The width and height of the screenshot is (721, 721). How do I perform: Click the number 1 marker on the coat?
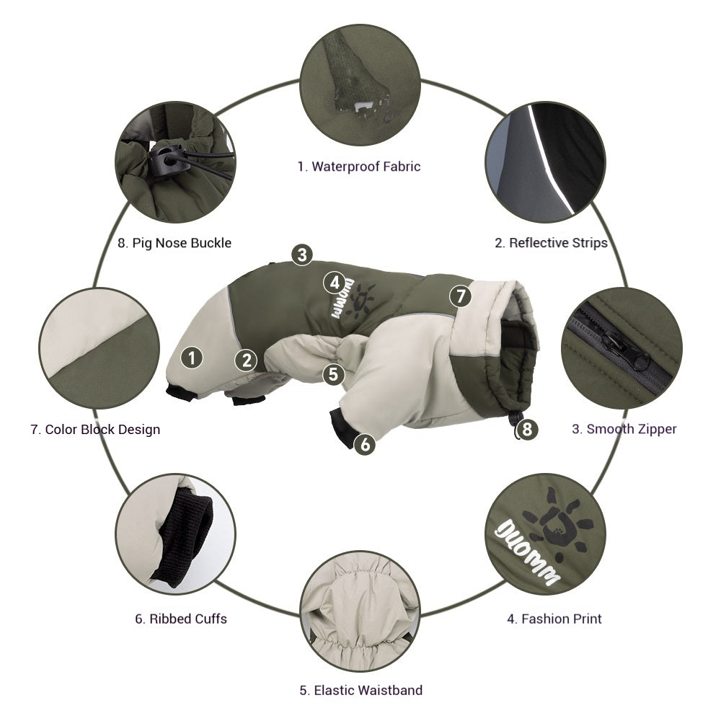pyautogui.click(x=191, y=356)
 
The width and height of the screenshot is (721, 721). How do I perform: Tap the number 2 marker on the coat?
pyautogui.click(x=247, y=360)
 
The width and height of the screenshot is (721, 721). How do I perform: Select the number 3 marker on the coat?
pyautogui.click(x=302, y=254)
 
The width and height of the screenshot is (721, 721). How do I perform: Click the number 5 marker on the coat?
pyautogui.click(x=332, y=373)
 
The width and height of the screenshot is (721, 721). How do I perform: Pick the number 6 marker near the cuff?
pyautogui.click(x=366, y=444)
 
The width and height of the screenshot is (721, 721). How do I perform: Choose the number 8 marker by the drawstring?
pyautogui.click(x=528, y=430)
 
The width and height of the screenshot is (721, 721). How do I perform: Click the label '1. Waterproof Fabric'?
pyautogui.click(x=358, y=167)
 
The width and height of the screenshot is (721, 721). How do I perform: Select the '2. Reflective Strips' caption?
pyautogui.click(x=551, y=242)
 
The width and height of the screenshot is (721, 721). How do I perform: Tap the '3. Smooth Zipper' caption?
pyautogui.click(x=624, y=429)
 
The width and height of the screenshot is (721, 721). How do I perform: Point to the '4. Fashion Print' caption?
pyautogui.click(x=554, y=619)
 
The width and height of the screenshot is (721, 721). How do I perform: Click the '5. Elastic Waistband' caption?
pyautogui.click(x=360, y=690)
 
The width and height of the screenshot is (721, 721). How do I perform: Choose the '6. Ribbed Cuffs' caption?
pyautogui.click(x=180, y=619)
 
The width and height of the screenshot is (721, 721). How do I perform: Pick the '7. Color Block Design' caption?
pyautogui.click(x=95, y=429)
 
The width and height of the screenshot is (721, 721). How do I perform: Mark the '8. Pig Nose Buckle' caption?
pyautogui.click(x=174, y=242)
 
